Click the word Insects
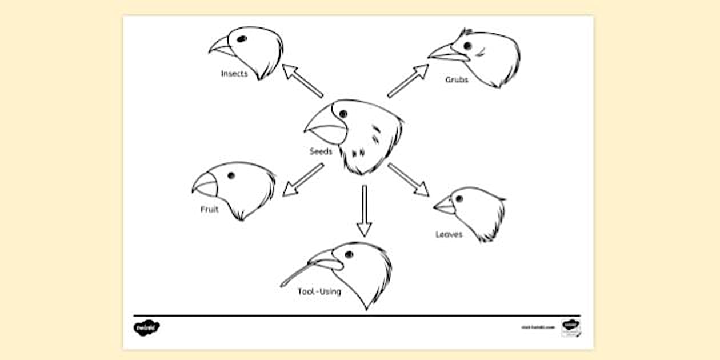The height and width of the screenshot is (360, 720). point(234,74)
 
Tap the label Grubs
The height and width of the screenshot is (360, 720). point(457,80)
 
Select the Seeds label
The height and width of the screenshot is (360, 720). point(321,151)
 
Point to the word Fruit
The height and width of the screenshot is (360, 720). point(209,209)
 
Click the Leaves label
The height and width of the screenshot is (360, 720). point(449,234)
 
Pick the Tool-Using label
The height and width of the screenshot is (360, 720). point(319,291)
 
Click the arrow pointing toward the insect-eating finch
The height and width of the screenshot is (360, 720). point(302,81)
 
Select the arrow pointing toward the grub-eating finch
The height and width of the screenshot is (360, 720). point(408,81)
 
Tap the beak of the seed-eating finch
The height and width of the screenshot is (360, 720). point(326,129)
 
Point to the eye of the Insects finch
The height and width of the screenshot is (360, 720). point(242,39)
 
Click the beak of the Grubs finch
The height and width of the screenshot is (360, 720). point(447,54)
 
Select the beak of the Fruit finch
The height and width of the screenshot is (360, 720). point(205,184)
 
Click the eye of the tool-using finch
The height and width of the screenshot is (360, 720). point(349,254)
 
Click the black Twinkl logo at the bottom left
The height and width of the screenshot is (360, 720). point(146,327)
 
